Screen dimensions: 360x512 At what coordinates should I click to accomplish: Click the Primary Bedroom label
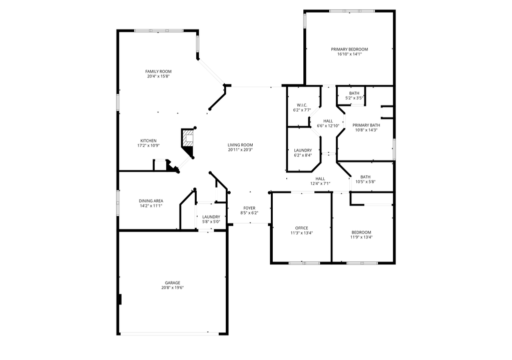(349, 49)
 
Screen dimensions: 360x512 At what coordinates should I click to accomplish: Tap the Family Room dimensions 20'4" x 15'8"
(158, 76)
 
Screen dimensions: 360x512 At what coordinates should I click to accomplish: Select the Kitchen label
(148, 140)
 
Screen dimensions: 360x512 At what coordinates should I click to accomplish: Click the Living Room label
(240, 144)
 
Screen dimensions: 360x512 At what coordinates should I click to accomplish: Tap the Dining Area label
(151, 200)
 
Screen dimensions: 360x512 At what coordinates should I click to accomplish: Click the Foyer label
(249, 208)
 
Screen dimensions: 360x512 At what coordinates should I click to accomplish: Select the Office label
(301, 228)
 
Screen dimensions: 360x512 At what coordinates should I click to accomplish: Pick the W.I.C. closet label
(302, 105)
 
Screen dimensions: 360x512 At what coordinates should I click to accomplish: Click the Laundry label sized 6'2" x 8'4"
(303, 150)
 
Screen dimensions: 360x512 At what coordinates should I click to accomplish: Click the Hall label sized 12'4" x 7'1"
(320, 178)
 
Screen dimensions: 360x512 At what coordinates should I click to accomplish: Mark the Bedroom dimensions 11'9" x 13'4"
(361, 237)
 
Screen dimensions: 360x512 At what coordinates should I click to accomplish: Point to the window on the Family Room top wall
(158, 30)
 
